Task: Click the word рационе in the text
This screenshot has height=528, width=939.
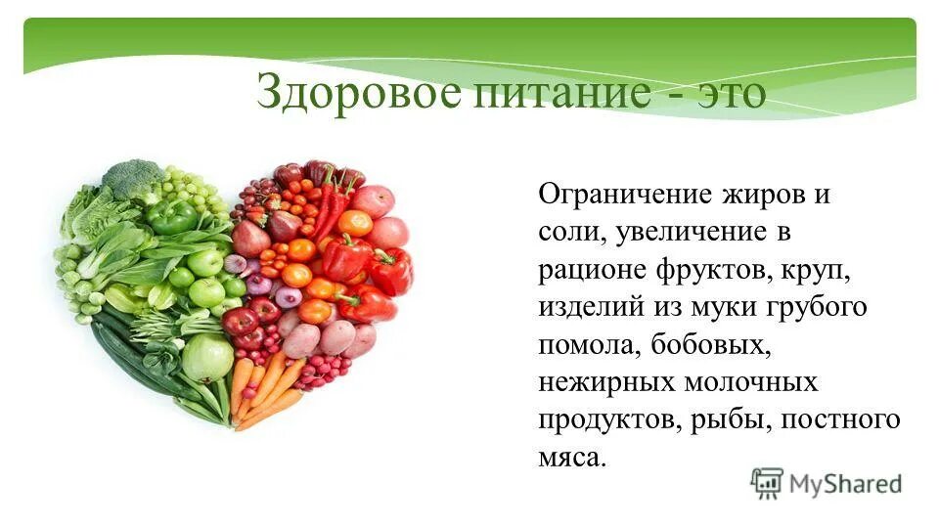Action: point(589,269)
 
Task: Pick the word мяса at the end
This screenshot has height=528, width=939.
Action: point(572,457)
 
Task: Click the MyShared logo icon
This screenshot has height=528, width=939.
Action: point(767,482)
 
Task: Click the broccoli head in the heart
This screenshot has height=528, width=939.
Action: point(132,180)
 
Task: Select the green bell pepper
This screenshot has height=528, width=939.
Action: point(173,216)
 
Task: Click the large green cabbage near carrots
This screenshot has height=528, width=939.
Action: point(207,358)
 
